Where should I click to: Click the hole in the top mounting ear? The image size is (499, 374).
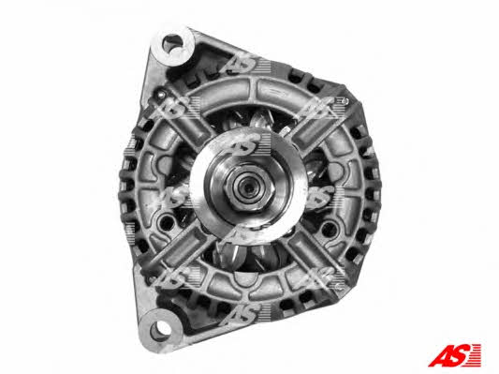(173, 44)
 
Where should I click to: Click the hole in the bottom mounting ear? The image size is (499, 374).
(160, 330)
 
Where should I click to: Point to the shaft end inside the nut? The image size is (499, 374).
(247, 186)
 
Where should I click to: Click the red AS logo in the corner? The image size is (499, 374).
(454, 355)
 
